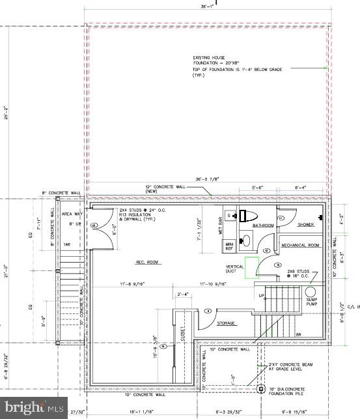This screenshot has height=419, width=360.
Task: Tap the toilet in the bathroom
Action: [249, 216]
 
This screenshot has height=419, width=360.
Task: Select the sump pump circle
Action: [311, 293]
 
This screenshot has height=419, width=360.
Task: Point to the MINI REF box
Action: [229, 246]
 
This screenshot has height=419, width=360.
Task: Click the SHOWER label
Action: [306, 225]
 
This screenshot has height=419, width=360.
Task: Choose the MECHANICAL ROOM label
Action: [300, 245]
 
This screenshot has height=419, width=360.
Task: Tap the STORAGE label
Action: [227, 323]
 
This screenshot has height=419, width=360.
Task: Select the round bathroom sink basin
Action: [247, 240]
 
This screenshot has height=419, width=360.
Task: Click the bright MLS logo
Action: [33, 408]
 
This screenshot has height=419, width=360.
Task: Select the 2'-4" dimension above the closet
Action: [183, 295]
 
